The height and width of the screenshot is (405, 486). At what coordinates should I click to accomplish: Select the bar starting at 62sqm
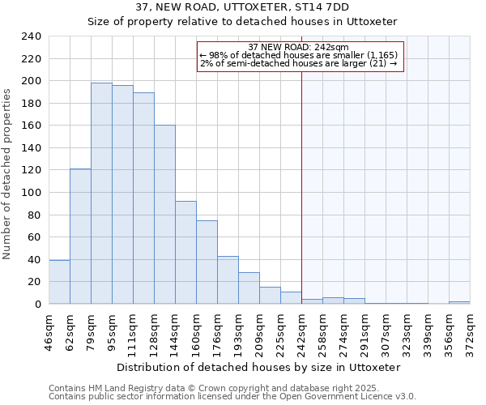(x=80, y=236)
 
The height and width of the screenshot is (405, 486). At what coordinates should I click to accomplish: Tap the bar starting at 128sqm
(x=164, y=215)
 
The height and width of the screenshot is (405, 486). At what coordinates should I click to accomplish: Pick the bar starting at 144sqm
(x=185, y=252)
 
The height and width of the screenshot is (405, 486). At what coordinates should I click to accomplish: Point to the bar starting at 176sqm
(x=228, y=280)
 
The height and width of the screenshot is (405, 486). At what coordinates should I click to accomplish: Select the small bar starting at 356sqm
(x=459, y=302)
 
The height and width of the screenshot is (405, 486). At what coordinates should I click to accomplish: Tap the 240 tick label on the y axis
(x=32, y=36)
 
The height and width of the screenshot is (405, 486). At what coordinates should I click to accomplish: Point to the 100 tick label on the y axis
(x=32, y=193)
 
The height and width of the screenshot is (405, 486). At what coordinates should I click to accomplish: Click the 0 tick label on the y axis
(x=38, y=304)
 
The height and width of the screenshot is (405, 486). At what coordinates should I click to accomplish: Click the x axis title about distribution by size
(x=258, y=367)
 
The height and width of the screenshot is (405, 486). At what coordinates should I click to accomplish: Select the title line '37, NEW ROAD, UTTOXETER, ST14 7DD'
(x=242, y=7)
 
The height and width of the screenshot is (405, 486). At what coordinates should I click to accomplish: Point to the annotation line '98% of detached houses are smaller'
(x=300, y=55)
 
